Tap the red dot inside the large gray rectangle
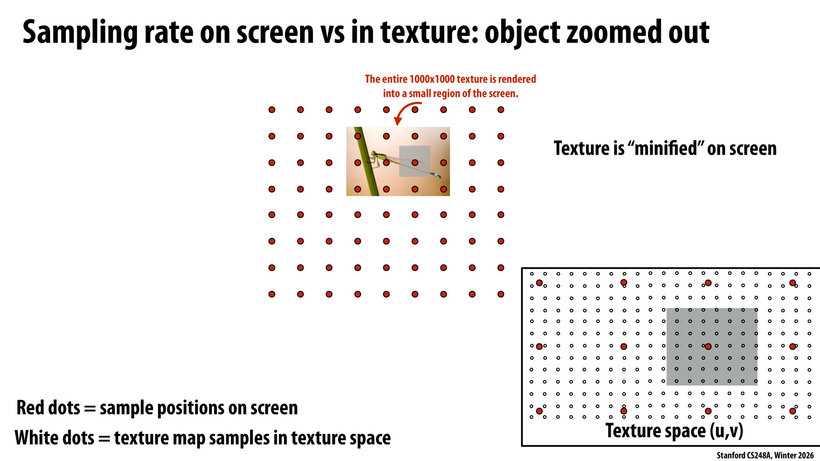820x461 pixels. tap(708, 347)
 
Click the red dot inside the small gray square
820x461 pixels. tap(415, 163)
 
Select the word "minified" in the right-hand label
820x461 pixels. tap(665, 148)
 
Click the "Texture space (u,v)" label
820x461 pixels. tap(674, 431)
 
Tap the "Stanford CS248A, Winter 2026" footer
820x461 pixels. tap(765, 455)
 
